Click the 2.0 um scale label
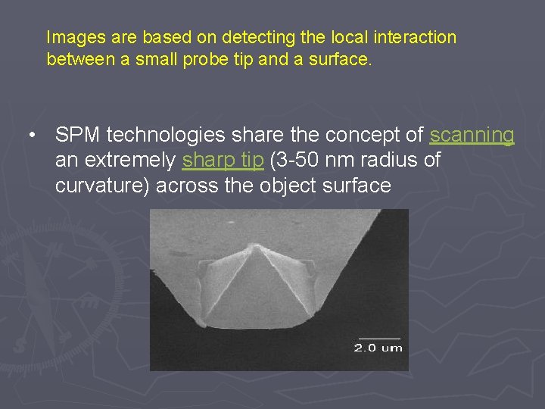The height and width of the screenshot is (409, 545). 378,348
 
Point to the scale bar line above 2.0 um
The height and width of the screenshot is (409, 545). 378,338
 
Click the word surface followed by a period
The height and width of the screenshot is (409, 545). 344,60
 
